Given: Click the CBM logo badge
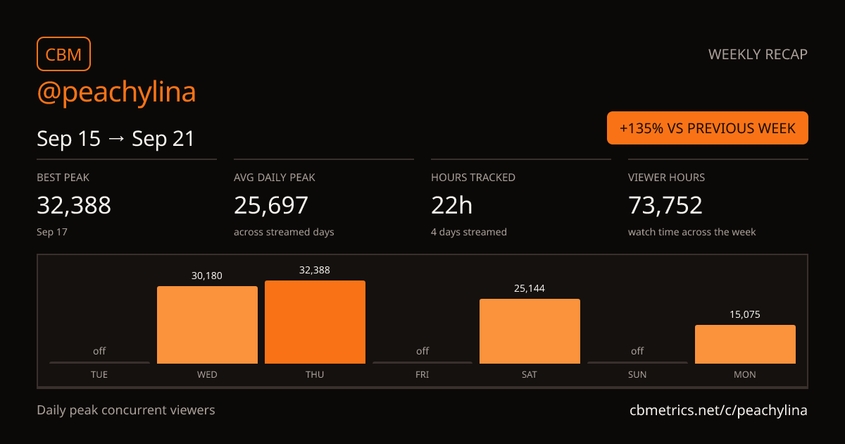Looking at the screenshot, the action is click(64, 54).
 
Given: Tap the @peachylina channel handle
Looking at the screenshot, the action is click(116, 92).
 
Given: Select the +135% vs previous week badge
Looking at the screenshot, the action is click(707, 128).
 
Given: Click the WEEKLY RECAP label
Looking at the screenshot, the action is click(758, 54).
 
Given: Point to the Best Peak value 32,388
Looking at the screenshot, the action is click(74, 205).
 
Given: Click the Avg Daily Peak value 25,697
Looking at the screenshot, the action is click(271, 205).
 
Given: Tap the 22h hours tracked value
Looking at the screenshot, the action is click(451, 205).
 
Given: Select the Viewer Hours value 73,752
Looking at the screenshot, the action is click(665, 205).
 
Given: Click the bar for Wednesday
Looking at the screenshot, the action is click(208, 325).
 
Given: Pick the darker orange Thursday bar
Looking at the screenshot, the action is click(315, 322).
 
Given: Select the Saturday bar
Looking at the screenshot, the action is click(530, 331).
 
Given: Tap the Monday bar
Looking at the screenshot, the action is click(746, 345).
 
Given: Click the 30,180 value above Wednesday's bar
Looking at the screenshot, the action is click(207, 276).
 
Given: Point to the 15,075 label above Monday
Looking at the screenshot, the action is click(745, 314).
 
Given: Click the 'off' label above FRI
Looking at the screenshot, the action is click(423, 351).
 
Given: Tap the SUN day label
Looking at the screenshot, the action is click(637, 374).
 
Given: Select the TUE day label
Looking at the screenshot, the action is click(99, 374).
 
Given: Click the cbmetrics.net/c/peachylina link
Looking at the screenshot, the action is click(719, 410).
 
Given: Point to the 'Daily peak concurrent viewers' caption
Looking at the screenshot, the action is click(126, 410).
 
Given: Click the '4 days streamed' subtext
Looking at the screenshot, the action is click(469, 232).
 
